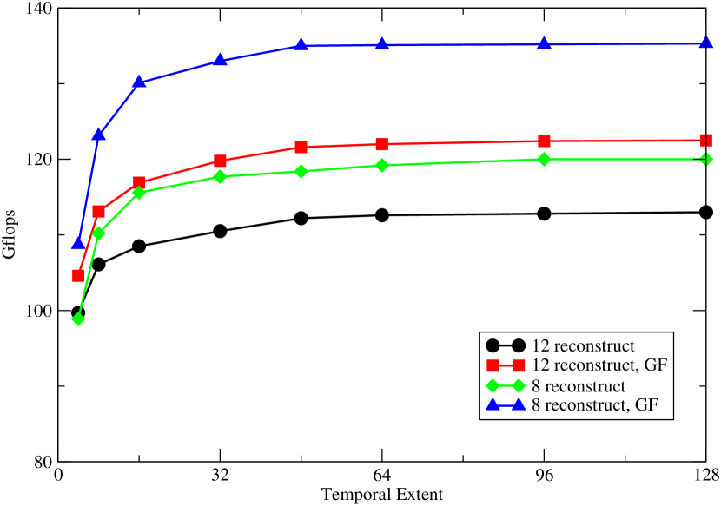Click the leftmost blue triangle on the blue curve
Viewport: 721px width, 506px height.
78,242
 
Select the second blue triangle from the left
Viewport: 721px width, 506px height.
99,134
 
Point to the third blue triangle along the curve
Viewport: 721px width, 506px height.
139,82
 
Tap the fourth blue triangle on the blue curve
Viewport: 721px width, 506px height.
220,60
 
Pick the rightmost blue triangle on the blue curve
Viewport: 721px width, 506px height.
706,43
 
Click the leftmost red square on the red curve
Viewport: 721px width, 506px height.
78,275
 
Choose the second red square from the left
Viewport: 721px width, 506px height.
99,211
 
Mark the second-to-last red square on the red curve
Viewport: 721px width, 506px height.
544,141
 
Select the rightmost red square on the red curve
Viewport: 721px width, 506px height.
706,141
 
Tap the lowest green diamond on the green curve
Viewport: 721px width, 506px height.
78,319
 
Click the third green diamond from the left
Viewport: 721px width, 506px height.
139,193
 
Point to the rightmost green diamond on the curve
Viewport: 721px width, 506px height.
706,159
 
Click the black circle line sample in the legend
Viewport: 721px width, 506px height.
506,345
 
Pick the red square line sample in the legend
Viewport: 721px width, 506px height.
506,365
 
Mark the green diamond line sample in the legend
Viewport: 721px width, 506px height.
506,386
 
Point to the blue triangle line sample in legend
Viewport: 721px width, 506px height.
506,405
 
